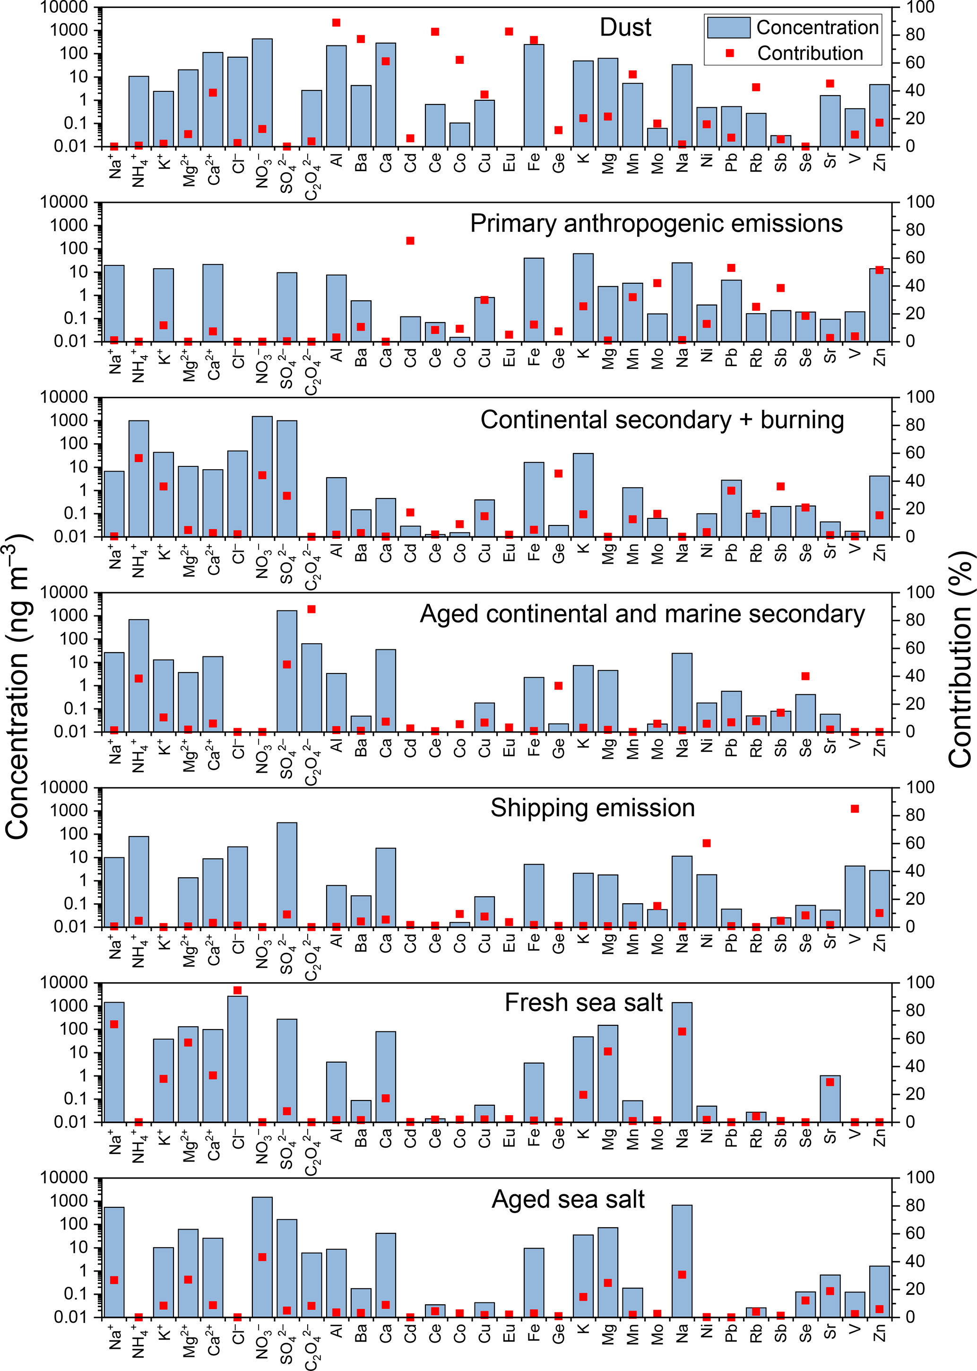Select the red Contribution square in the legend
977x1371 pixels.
point(730,53)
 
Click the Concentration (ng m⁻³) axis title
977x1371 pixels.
point(18,686)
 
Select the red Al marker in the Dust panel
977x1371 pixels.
point(336,23)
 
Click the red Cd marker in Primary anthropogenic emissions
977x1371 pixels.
point(410,241)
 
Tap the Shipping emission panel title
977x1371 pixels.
point(593,808)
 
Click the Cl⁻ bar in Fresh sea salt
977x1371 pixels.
point(238,1059)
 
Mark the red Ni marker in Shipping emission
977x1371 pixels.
point(707,843)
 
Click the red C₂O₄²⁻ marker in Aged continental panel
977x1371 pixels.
point(311,609)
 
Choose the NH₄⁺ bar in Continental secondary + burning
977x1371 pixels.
point(139,479)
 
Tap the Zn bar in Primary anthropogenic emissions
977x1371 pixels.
point(880,305)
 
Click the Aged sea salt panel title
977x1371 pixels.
point(568,1199)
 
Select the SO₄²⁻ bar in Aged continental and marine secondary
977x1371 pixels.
point(287,671)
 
